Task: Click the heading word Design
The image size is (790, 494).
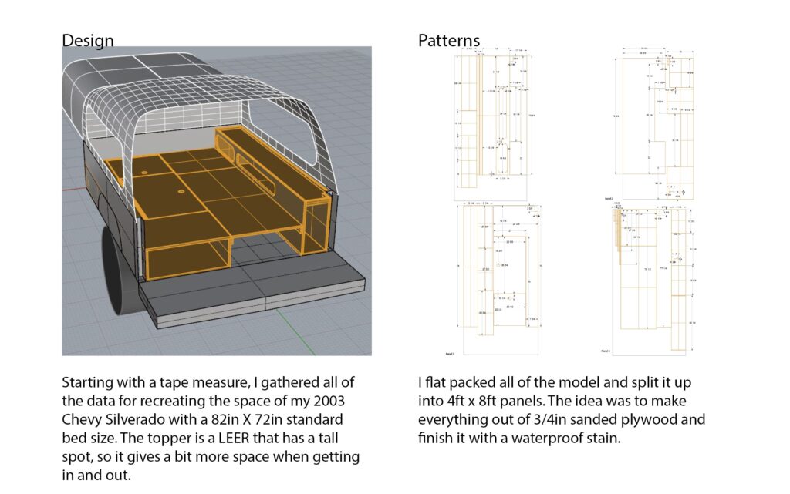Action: [x=88, y=40]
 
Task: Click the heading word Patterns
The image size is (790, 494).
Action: [x=449, y=40]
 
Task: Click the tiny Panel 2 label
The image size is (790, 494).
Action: [x=609, y=199]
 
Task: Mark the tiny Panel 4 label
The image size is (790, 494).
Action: [x=608, y=350]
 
